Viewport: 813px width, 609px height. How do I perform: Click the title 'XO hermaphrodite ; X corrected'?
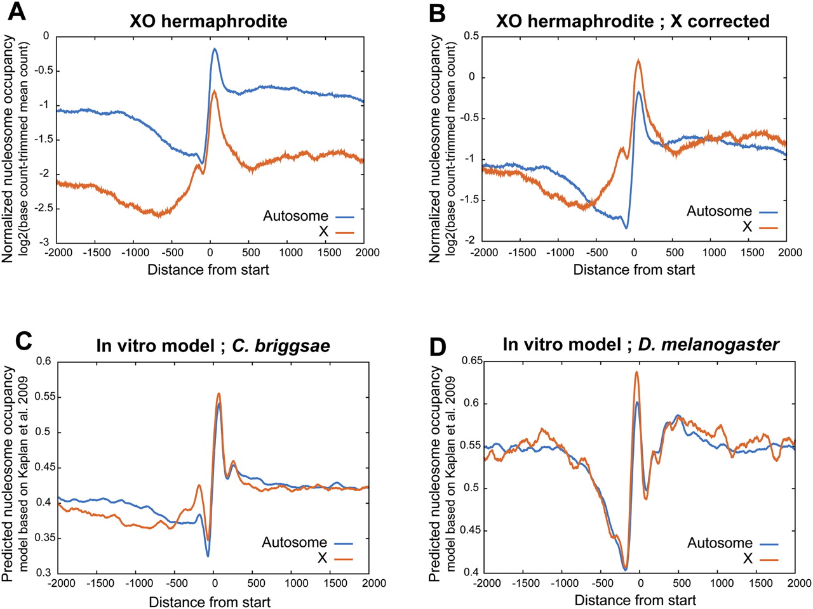click(633, 22)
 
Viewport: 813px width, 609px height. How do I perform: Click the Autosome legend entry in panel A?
click(308, 216)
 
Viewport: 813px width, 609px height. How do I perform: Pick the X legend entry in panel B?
click(760, 226)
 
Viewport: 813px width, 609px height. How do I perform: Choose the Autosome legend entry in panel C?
click(307, 542)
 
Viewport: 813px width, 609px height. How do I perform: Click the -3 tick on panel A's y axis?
click(45, 242)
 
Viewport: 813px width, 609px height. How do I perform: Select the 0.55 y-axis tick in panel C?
click(43, 396)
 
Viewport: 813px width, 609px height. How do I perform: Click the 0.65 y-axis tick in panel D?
click(469, 361)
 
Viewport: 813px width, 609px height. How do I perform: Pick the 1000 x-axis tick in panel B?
click(714, 253)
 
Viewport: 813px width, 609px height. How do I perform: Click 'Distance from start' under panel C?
click(210, 601)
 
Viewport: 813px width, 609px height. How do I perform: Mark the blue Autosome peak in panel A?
click(214, 48)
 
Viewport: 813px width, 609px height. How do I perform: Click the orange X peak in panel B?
click(638, 59)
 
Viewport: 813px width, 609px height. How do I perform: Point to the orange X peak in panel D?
click(636, 372)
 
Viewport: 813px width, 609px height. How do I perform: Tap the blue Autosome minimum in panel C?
click(208, 556)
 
